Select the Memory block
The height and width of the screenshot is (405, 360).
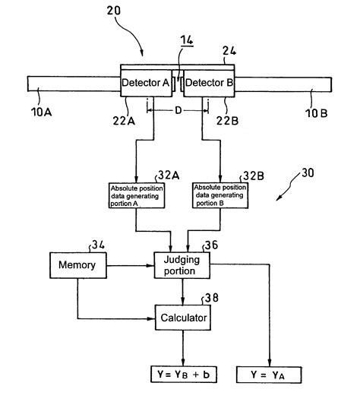(x=77, y=265)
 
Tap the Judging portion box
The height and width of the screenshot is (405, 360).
(x=180, y=265)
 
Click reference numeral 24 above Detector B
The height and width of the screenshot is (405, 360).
(x=227, y=52)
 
